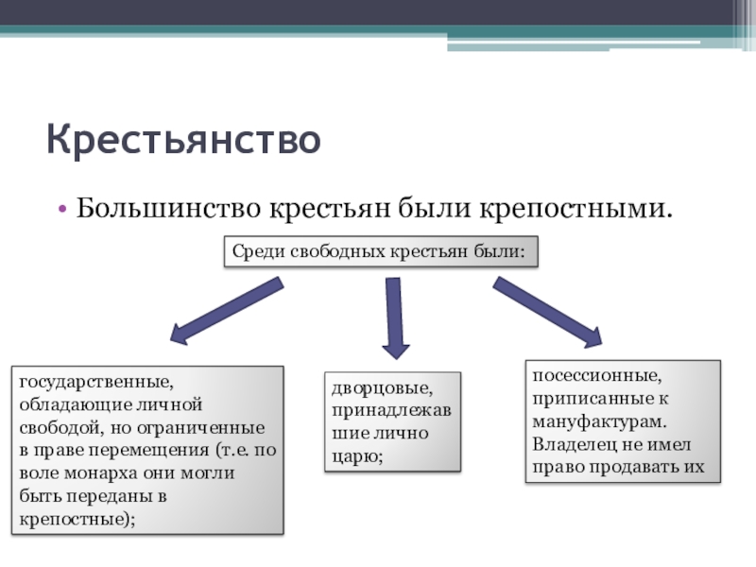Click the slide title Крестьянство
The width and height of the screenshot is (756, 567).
[184, 139]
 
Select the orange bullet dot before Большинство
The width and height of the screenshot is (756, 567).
[61, 206]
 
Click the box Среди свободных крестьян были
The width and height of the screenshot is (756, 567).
[380, 252]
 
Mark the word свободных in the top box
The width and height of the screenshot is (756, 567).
[326, 252]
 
